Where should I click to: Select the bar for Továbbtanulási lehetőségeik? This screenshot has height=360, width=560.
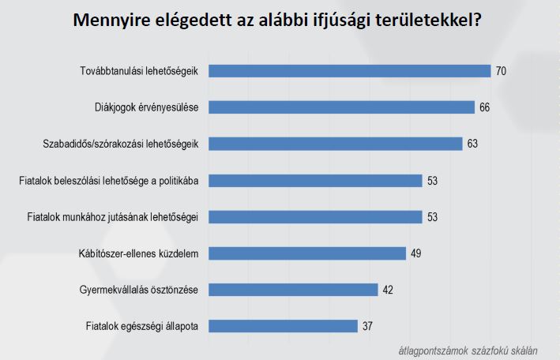tap(350, 71)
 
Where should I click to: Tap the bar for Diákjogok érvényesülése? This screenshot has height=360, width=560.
tap(342, 107)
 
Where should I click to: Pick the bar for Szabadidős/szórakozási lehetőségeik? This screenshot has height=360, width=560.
tap(336, 144)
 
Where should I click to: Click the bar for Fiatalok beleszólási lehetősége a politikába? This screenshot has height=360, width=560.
tap(316, 180)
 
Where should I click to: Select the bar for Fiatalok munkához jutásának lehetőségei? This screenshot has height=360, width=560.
tap(316, 216)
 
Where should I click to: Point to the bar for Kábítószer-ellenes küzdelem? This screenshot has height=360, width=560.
tap(307, 253)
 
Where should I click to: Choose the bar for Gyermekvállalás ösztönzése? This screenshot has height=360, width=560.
tap(294, 289)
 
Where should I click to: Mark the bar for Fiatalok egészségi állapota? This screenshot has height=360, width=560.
tap(284, 325)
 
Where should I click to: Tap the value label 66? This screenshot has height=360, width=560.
tap(485, 107)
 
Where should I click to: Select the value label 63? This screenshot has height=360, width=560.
tap(472, 144)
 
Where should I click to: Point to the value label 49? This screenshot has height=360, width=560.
tap(416, 253)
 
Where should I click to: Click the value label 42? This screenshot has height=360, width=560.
tap(389, 289)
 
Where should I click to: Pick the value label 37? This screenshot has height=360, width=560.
tap(368, 325)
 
